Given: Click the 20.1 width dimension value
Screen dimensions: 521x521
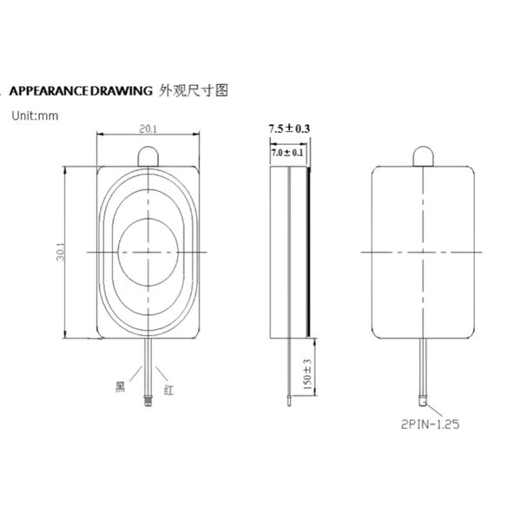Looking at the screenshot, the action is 148,129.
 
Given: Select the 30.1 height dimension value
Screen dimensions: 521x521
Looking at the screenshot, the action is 60,252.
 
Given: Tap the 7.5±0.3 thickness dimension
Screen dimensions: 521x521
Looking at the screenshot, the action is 289,129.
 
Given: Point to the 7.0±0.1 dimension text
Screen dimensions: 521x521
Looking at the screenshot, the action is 287,153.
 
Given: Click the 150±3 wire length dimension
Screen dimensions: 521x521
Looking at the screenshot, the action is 307,374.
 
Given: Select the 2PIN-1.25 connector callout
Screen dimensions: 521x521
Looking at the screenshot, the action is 431,425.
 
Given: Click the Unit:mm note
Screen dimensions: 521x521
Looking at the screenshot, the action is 35,115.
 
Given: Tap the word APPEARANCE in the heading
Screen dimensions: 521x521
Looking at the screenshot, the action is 49,90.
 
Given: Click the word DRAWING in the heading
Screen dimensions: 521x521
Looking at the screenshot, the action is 122,90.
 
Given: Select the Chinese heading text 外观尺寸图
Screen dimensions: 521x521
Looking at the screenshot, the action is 194,90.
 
